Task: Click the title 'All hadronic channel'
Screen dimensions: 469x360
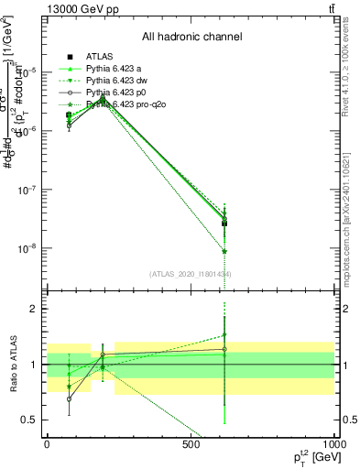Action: click(x=191, y=38)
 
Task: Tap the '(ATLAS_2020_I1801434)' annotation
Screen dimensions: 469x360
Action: click(x=191, y=274)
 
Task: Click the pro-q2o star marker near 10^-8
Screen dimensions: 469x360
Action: click(x=224, y=251)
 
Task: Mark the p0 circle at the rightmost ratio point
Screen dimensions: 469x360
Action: click(x=224, y=349)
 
